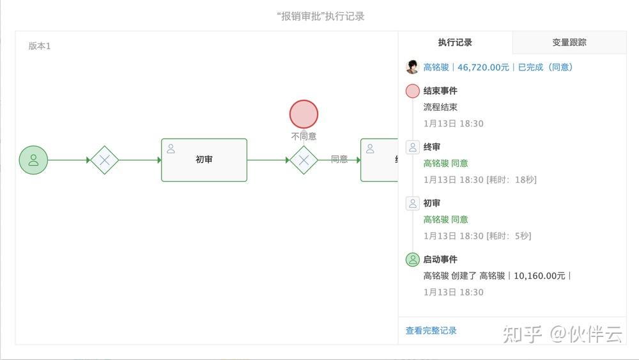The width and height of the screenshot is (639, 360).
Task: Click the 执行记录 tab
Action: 455,43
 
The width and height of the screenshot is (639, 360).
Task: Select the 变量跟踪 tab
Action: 569,43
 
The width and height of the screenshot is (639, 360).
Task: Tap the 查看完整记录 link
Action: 431,331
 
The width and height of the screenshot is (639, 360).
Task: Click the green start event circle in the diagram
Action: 33,160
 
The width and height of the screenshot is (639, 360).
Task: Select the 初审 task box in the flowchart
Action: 204,160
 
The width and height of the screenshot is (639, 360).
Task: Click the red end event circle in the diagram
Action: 304,114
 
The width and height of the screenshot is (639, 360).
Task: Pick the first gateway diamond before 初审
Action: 104,160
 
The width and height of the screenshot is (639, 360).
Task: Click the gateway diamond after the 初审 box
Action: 304,160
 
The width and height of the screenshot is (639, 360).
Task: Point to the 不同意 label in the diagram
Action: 304,136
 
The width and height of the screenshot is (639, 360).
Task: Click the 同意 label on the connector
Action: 339,159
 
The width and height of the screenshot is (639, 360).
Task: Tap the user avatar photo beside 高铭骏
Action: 412,67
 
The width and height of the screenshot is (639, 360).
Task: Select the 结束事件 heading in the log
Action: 440,91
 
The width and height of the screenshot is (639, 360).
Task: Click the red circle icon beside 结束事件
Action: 413,91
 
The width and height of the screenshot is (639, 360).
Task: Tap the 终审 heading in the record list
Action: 432,147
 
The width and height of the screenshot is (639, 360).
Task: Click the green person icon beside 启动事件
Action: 413,260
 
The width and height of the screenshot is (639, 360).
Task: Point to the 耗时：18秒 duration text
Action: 512,180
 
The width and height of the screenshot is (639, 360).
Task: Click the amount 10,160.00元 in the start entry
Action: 539,276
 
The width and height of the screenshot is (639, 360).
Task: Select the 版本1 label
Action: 40,46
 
